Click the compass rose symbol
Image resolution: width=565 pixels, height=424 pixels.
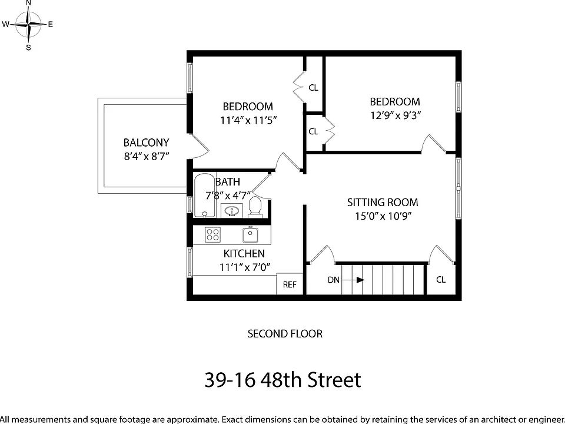(28, 25)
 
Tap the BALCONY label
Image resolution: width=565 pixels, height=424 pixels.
(147, 143)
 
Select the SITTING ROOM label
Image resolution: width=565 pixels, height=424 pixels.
(383, 203)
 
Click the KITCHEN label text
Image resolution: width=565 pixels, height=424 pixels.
(244, 254)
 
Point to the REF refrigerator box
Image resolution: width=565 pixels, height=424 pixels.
(290, 284)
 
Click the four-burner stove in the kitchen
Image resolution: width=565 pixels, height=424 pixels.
(212, 235)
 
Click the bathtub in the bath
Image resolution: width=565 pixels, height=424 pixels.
(205, 196)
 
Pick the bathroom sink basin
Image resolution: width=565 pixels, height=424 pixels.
(231, 211)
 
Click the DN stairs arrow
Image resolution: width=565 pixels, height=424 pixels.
(353, 280)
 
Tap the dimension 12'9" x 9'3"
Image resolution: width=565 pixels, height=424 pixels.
(395, 115)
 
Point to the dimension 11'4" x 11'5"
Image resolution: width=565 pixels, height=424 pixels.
(248, 120)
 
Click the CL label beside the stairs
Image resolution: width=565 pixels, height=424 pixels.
(441, 280)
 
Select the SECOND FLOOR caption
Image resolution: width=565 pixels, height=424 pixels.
(285, 334)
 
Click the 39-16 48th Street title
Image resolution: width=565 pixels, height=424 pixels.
(283, 380)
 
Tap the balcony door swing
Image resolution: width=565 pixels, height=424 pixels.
(199, 147)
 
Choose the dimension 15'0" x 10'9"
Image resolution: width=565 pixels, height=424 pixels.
(383, 216)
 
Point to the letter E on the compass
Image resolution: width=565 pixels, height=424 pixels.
(51, 25)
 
